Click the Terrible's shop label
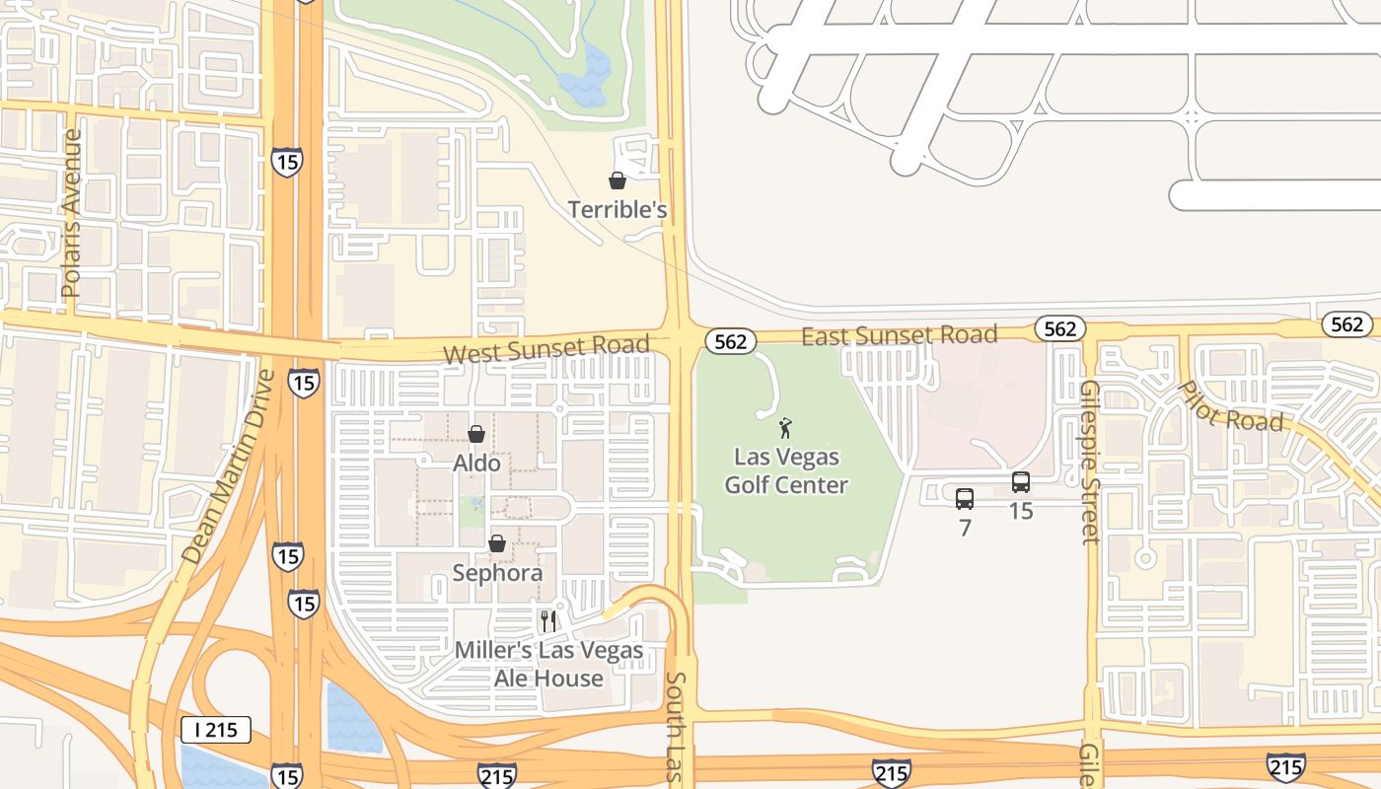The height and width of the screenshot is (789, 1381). pos(618,210)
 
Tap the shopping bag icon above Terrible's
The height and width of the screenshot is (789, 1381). pos(618,180)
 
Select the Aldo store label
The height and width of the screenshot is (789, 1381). pos(476,463)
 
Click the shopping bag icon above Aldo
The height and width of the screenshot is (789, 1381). pos(476,434)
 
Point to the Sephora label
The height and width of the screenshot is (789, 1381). pos(497,573)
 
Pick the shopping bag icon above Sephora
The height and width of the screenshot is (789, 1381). pos(497,544)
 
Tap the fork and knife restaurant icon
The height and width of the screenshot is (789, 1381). pos(548,621)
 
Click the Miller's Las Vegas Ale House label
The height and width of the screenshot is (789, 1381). pos(548,665)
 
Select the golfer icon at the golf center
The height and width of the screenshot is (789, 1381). pos(786,428)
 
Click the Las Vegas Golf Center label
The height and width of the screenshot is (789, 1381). pos(786,471)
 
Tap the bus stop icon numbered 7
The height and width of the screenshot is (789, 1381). pos(965,499)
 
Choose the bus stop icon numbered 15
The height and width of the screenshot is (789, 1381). pos(1021,482)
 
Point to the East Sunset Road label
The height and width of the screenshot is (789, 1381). pos(899,335)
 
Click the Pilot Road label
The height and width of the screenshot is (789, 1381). pos(1231,405)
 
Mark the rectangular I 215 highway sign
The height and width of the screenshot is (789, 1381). pos(216,730)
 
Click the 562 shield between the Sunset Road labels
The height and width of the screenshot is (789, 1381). pos(730,341)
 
